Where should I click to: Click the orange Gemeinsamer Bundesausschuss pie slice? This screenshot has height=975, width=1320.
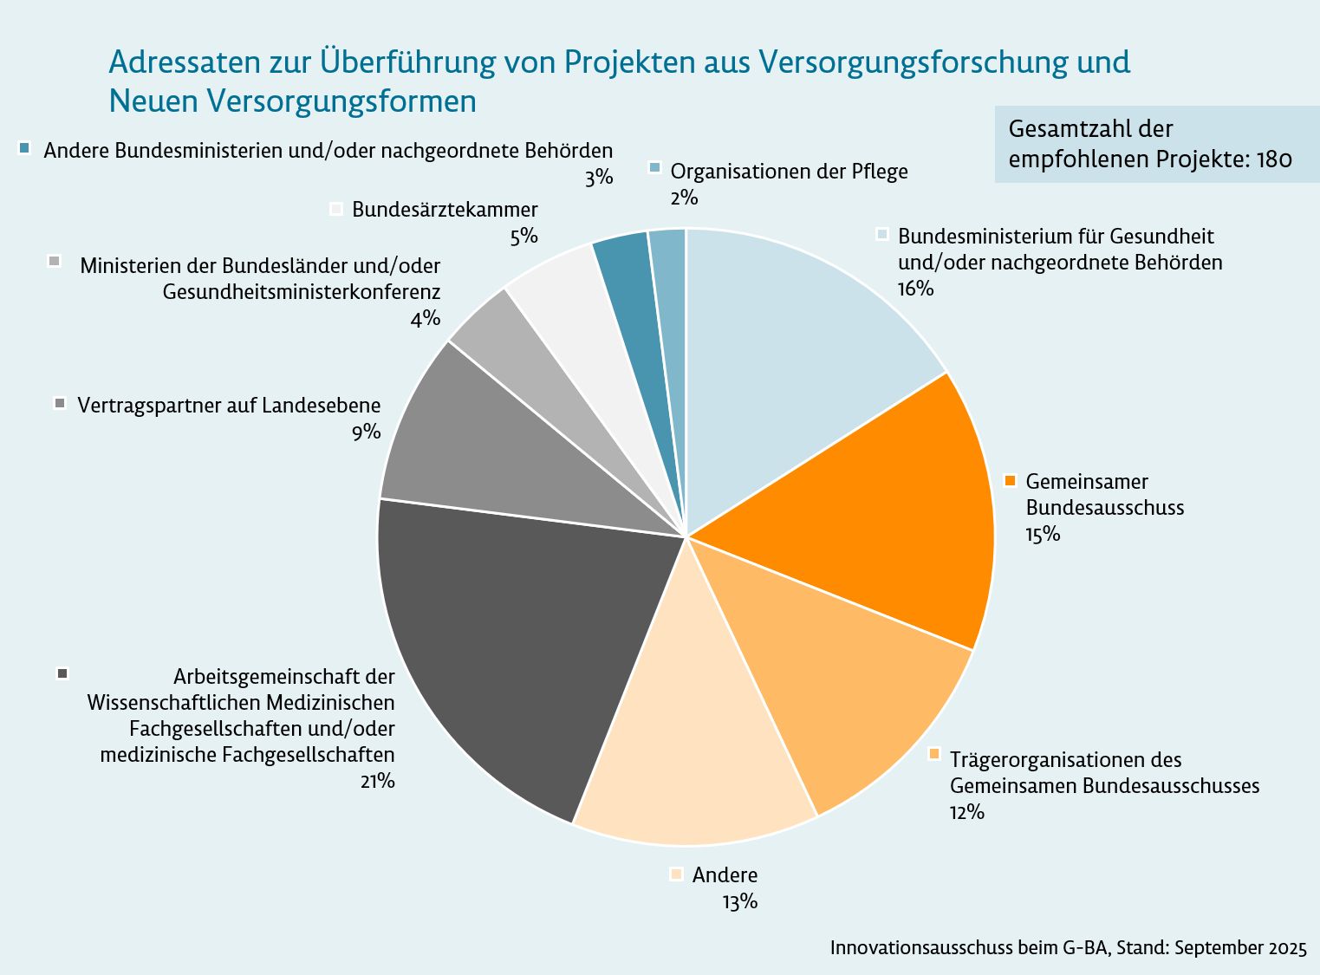875,511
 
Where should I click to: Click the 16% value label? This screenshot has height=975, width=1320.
915,289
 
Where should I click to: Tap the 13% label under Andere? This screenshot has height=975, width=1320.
739,901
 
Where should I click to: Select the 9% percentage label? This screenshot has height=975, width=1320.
366,432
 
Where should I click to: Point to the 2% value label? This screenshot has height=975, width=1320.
683,198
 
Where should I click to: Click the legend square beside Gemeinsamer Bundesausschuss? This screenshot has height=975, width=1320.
1010,481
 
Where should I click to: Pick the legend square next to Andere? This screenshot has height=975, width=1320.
677,874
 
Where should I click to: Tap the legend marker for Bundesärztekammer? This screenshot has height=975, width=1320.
337,209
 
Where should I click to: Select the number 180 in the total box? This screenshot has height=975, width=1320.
1273,159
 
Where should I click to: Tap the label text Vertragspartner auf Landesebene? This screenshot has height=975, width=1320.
229,405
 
